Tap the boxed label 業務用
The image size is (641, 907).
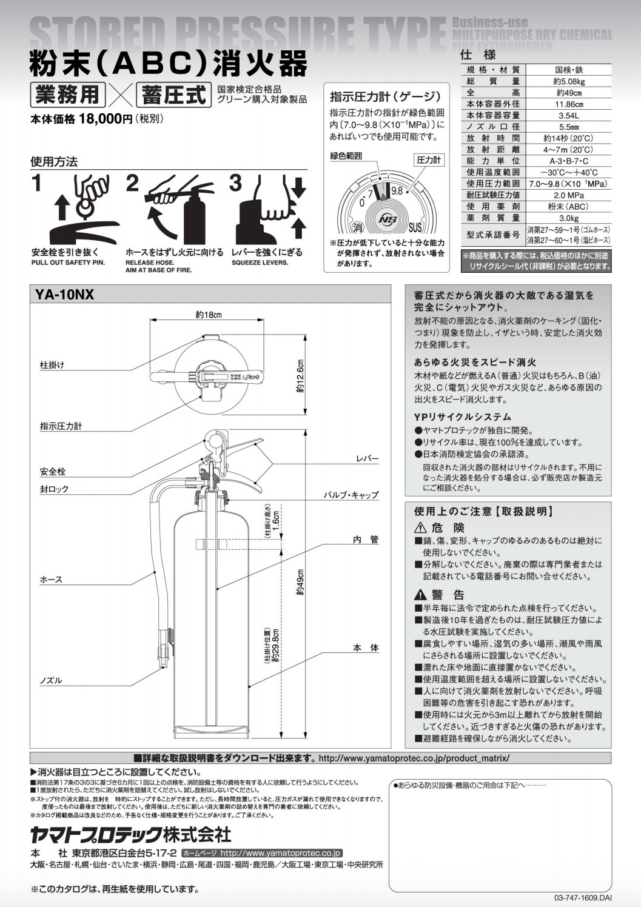(x=68, y=95)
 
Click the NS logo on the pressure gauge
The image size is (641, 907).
(x=386, y=219)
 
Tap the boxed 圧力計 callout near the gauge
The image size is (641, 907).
(x=429, y=160)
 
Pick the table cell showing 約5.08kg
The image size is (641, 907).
(x=568, y=81)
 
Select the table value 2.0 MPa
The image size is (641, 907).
(x=568, y=195)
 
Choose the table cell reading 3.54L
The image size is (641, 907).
(x=568, y=115)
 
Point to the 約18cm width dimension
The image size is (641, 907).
(x=208, y=315)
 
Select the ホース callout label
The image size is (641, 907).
(x=51, y=580)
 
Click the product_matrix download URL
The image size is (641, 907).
(x=414, y=758)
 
